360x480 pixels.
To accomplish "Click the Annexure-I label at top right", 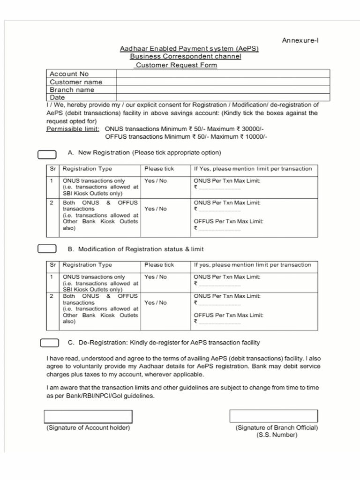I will click(300, 40).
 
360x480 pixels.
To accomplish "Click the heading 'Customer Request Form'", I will click(176, 65).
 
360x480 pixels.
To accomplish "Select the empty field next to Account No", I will click(223, 74).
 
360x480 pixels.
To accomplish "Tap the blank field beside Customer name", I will click(223, 82).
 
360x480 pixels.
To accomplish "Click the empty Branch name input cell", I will click(223, 90).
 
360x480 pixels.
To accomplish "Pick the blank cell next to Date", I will click(223, 97).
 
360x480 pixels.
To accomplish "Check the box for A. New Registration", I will click(47, 154).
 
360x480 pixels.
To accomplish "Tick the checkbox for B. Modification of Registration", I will click(47, 249).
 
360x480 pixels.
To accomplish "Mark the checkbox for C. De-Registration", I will click(50, 343).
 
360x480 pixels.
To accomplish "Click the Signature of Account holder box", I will click(88, 416).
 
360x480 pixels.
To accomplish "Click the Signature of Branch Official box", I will click(274, 416).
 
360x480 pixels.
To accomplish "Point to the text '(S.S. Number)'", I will click(277, 435).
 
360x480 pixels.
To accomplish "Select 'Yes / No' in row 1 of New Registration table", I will click(156, 181).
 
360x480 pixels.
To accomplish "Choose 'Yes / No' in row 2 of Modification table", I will click(156, 303).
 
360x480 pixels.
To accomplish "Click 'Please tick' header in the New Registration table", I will click(159, 169).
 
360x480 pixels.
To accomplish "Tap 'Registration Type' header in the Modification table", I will click(87, 265).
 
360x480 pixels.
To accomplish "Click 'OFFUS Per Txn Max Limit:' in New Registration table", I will click(229, 221).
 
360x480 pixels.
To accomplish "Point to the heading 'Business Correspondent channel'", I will click(186, 57).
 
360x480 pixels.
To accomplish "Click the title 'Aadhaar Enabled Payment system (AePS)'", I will click(189, 49).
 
